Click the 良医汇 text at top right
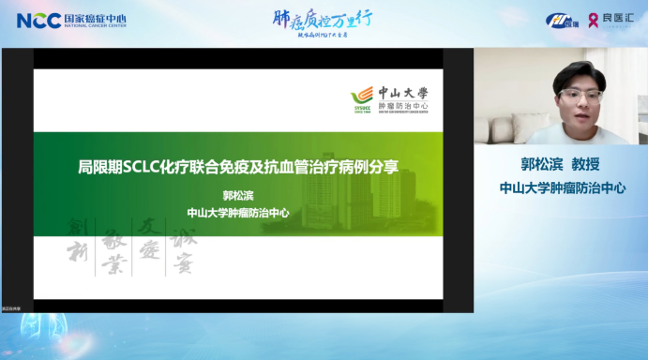[x=615, y=20]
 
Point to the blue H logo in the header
[x=561, y=20]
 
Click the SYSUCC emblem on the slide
[x=361, y=97]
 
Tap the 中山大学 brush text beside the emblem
[x=402, y=93]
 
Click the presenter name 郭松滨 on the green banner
[x=238, y=196]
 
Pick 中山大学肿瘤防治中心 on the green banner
[x=238, y=212]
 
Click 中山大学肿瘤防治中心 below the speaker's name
[x=562, y=187]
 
